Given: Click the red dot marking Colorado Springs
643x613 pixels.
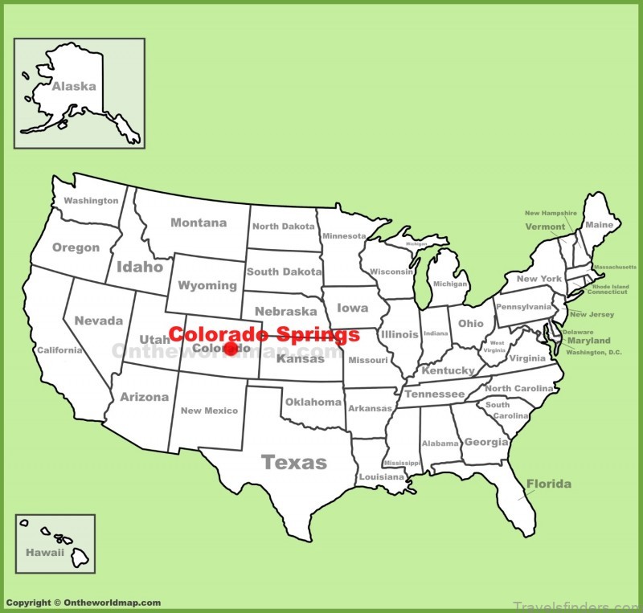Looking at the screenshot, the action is pos(231,348).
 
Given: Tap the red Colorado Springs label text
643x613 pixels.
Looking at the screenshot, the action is pos(264,334).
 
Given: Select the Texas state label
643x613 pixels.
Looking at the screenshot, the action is pos(294,462).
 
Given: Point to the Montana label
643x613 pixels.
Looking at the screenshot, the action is pos(199,223).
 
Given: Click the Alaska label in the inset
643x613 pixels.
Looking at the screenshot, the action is pos(74,86).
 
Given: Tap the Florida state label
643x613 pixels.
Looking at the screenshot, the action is pos(549,484).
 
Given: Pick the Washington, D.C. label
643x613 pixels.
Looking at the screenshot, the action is pos(593,352).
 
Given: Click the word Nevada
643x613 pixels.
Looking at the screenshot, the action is pos(98,321).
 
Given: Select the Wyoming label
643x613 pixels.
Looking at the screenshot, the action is pos(207,285).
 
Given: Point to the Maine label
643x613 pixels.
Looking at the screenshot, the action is pos(599,225).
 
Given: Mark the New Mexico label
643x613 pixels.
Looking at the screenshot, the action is pos(209,411).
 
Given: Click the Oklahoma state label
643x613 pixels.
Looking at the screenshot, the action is pos(313,402).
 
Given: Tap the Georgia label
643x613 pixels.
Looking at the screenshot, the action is pos(486,442).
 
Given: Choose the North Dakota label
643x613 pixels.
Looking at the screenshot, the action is pos(283,227).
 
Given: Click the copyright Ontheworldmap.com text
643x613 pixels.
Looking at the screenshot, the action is pos(83,603).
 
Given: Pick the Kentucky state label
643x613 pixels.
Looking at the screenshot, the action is pos(448,370).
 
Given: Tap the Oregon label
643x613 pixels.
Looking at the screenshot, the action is pos(76,247).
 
